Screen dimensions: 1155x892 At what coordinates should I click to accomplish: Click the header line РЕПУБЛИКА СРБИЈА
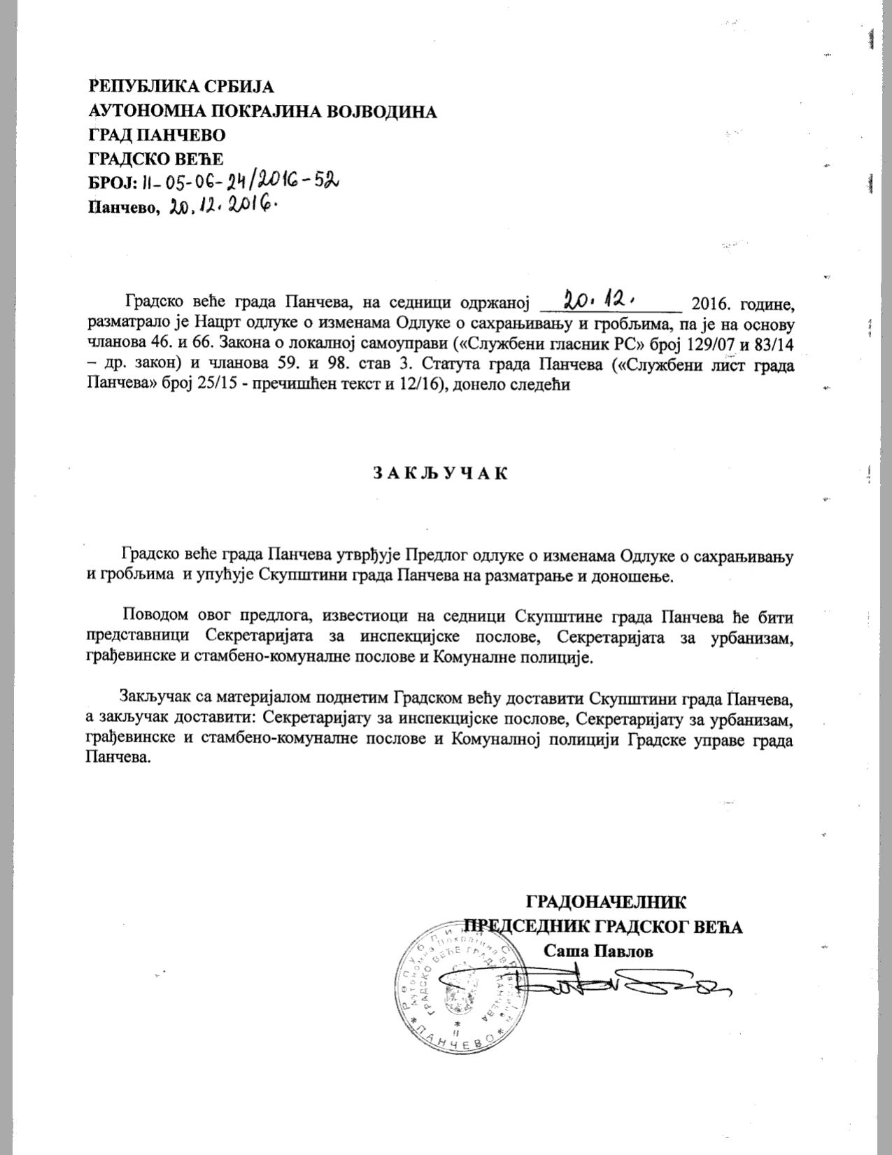181,87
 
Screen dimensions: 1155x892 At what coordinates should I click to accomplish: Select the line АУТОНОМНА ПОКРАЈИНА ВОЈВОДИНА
262,111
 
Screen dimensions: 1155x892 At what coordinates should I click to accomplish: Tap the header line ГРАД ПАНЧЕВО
157,134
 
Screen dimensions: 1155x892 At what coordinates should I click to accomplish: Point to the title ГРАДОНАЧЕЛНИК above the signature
606,900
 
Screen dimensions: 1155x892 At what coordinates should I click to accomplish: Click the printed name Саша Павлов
598,951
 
